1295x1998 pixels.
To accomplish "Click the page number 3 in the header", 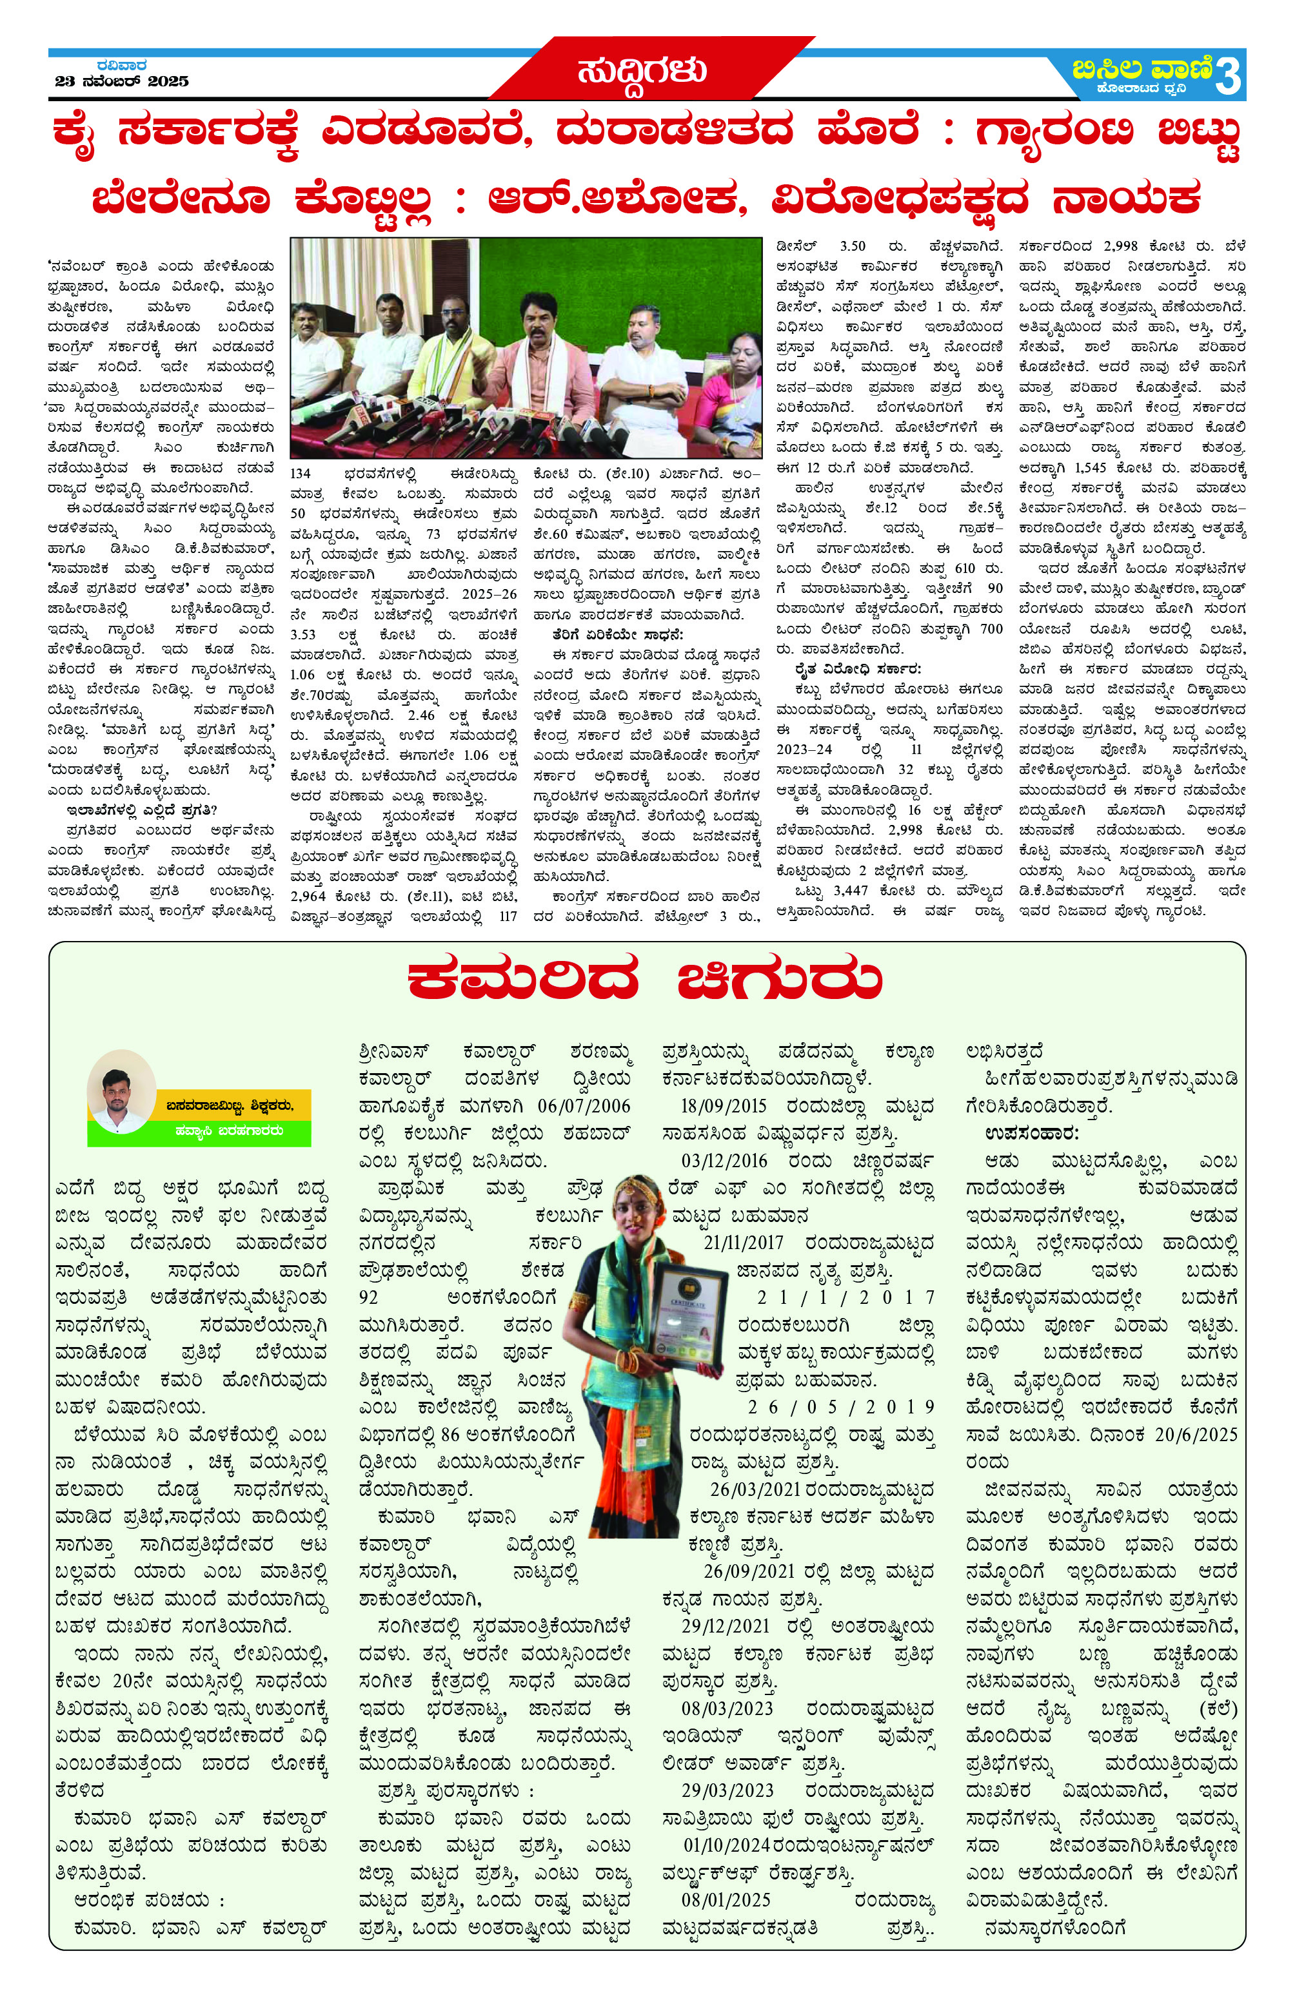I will pos(1227,78).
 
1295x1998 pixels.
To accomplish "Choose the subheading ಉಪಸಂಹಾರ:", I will pos(1031,1133).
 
